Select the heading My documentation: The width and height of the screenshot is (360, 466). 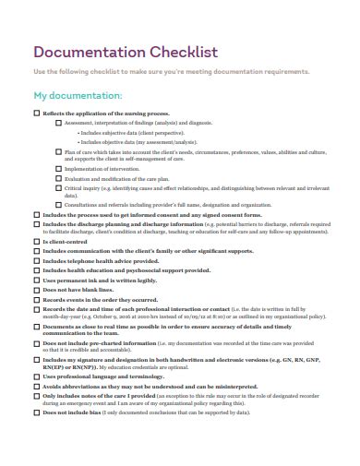click(78, 95)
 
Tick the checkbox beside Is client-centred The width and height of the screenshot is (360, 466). click(36, 241)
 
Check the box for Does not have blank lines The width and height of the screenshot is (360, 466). click(36, 290)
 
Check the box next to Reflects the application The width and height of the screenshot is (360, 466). click(36, 113)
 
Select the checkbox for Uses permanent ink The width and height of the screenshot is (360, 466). click(36, 280)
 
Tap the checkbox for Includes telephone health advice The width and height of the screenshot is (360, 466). click(36, 260)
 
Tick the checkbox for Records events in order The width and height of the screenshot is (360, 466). click(36, 300)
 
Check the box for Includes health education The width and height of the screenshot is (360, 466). click(36, 269)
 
